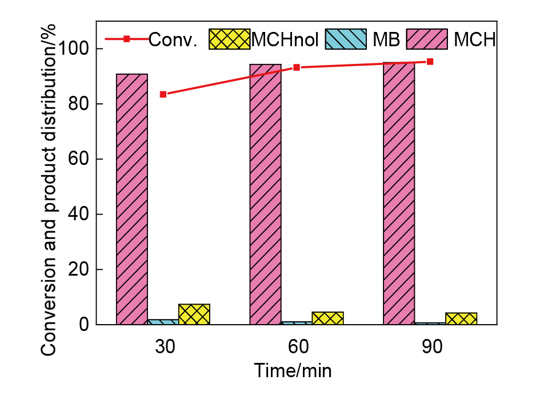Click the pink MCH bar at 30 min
coord(132,199)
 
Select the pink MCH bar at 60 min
coord(265,194)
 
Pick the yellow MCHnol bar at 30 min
coord(194,314)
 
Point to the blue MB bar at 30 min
coord(163,322)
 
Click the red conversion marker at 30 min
coord(163,94)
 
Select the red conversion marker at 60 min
coord(297,67)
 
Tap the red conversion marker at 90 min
coord(430,62)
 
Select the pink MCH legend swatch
coord(427,39)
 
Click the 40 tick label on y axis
coord(79,215)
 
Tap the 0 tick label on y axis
coord(84,325)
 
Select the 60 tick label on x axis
coord(297,348)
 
